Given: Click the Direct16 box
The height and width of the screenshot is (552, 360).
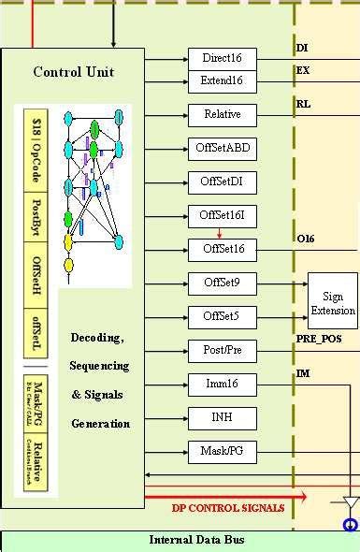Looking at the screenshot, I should coord(222,58).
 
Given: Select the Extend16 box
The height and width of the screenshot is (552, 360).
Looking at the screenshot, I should coord(222,81).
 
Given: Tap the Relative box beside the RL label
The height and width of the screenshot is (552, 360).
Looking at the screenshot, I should coord(222,115).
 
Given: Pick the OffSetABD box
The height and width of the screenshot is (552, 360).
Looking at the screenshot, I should coord(222,148).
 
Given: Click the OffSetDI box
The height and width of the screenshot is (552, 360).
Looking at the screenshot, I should coord(222,182).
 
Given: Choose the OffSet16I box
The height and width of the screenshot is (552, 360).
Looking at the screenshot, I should coord(222,216).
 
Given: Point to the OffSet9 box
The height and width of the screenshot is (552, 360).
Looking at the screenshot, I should coord(222,283).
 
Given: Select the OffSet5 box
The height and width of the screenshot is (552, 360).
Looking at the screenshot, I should coord(222,316).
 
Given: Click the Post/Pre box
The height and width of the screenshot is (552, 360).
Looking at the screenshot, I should coord(222,350).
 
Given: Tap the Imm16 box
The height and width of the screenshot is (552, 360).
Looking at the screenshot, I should coord(222,384).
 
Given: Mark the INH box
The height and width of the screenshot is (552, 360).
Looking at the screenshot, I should coord(222,417).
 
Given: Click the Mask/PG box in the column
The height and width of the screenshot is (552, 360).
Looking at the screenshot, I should coord(222,451).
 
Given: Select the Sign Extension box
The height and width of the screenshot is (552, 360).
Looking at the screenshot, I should coord(333,302).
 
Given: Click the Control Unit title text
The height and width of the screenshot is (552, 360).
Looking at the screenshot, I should coord(74,72).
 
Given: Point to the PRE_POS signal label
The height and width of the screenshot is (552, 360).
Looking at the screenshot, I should coord(320,340).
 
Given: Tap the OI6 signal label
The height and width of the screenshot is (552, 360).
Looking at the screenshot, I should coord(305,239).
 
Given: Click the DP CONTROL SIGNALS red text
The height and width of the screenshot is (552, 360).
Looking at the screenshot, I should coord(227,508).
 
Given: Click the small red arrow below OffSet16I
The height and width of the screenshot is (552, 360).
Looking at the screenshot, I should coord(220,234).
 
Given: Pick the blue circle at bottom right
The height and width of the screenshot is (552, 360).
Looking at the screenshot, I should coord(351,525).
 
